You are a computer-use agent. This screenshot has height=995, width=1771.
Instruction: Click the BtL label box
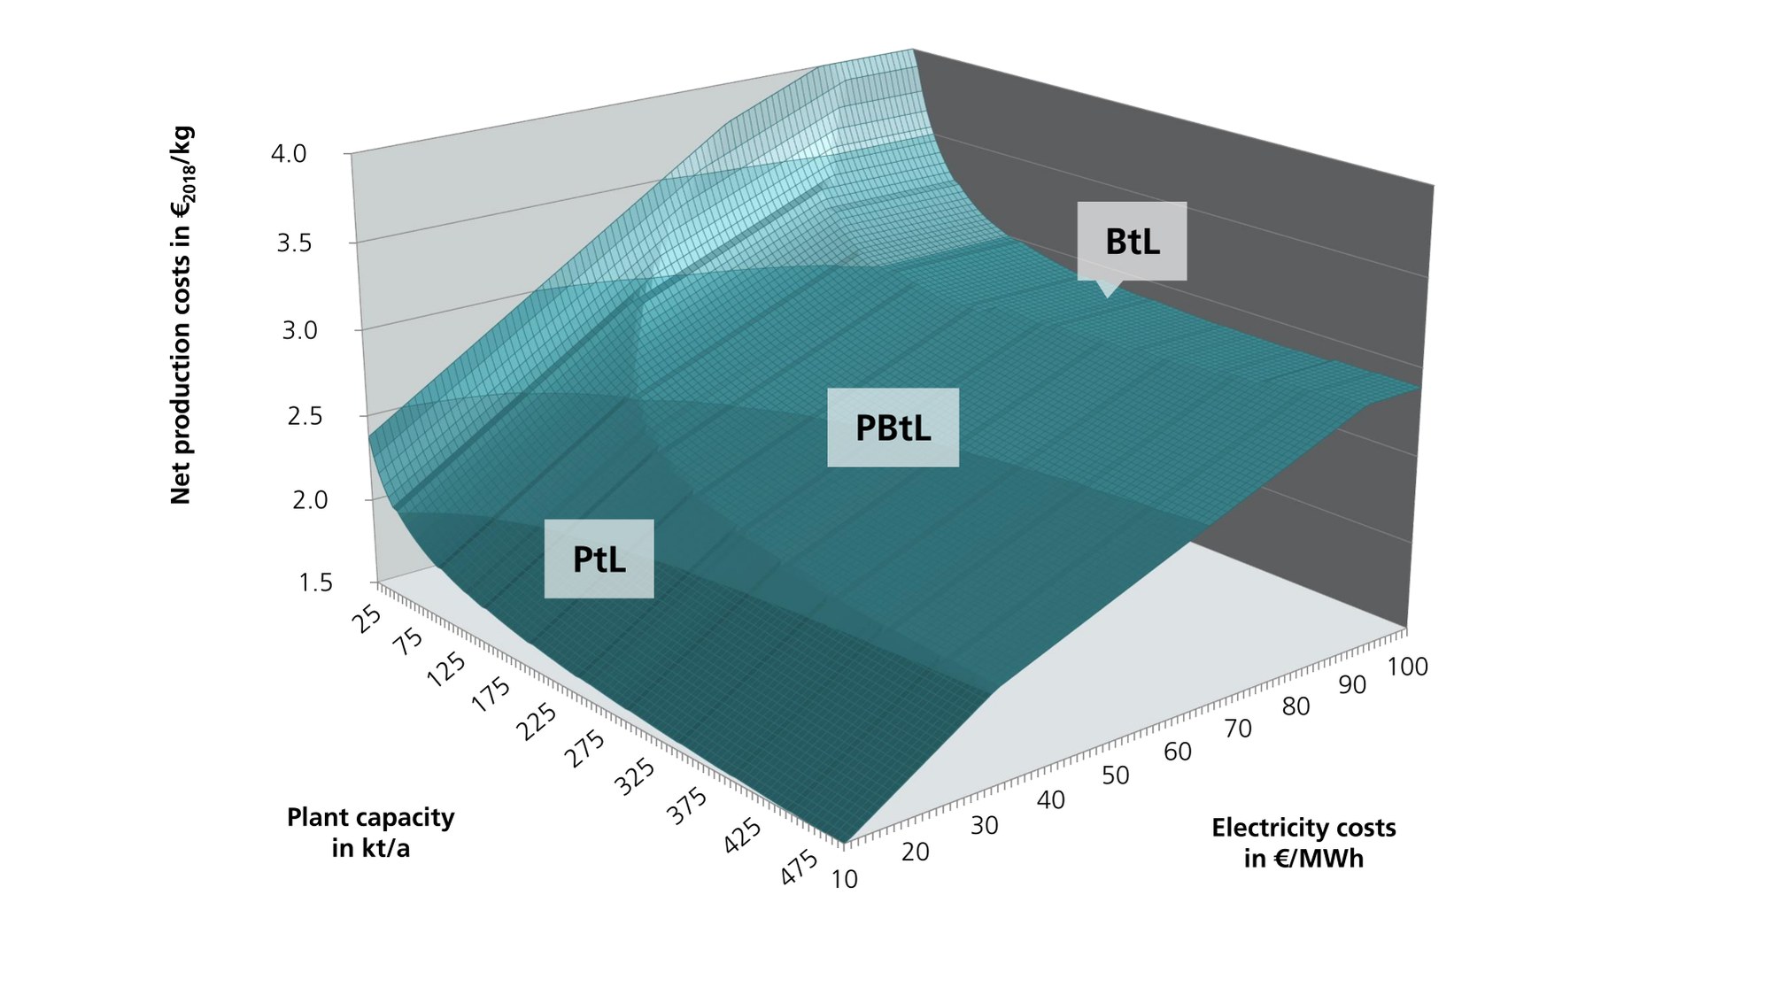pos(1132,242)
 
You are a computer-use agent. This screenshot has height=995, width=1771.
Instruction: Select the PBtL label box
pos(893,428)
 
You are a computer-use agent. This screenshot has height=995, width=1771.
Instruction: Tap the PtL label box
pos(599,559)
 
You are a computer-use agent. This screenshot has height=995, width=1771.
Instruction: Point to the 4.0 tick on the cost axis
pos(289,154)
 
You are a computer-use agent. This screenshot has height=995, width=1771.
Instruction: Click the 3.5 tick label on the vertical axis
pos(294,243)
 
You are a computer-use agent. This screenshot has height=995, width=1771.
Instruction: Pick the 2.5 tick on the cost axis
pos(305,416)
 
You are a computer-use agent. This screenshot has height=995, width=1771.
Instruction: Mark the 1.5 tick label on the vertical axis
pos(316,582)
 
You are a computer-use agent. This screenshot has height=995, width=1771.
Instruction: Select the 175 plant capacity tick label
pos(492,695)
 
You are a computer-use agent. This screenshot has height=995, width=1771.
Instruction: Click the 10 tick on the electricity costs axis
pos(845,879)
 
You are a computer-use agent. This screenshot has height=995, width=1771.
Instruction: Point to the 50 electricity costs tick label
pos(1116,775)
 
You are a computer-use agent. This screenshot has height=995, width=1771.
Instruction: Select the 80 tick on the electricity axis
pos(1295,706)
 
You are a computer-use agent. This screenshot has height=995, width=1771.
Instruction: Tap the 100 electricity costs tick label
pos(1408,667)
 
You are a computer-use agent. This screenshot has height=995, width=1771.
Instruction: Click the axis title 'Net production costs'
pos(182,316)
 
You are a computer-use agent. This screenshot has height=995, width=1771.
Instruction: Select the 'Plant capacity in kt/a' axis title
pos(370,832)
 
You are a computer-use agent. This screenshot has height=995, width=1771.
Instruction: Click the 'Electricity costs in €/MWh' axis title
pos(1303,843)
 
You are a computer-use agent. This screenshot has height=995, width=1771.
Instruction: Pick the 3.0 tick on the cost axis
pos(299,330)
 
